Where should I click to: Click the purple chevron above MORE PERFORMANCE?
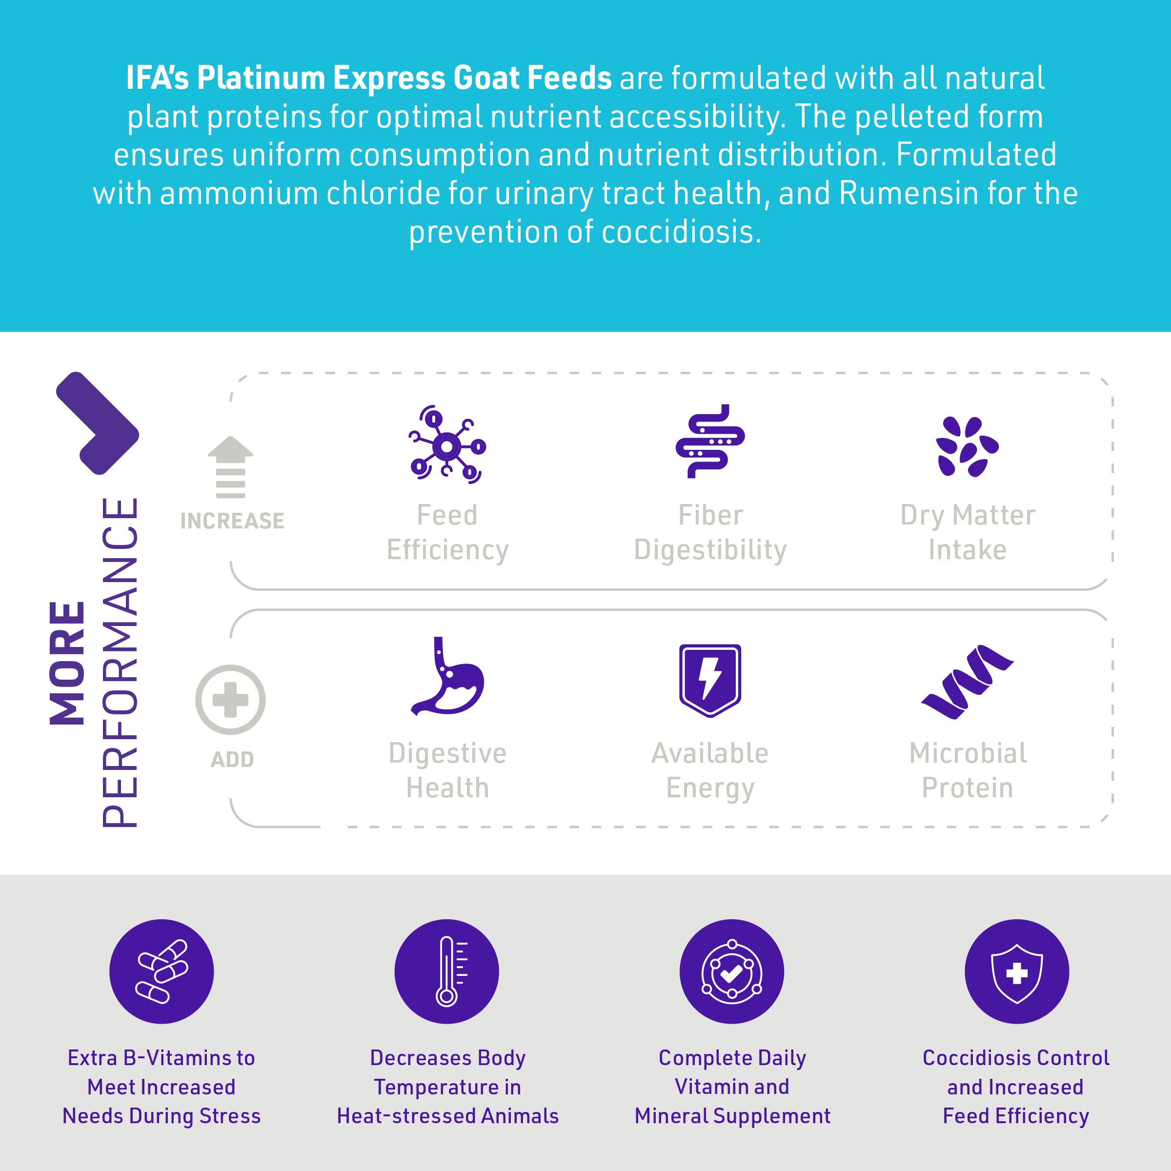pos(98,423)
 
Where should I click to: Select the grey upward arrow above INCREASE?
pos(230,467)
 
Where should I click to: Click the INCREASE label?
pos(232,521)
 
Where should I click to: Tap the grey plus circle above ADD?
pos(230,700)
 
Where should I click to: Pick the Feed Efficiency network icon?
pos(447,444)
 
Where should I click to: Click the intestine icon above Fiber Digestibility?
pos(710,441)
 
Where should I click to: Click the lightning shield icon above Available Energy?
pos(710,680)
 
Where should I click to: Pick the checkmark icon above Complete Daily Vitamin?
pos(731,971)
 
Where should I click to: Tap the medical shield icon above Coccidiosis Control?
pos(1017,971)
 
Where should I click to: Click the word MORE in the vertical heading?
pos(67,663)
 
